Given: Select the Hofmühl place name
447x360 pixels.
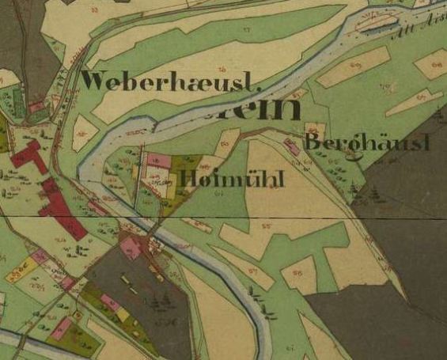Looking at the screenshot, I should click(232, 179).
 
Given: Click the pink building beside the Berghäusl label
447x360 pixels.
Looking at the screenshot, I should click(292, 146).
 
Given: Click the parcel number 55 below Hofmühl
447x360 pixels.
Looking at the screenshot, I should click(266, 228).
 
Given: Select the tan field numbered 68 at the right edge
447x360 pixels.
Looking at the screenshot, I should click(431, 63).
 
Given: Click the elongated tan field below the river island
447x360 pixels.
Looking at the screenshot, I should click(354, 67).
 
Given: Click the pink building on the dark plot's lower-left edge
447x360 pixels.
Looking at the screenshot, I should click(110, 303).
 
